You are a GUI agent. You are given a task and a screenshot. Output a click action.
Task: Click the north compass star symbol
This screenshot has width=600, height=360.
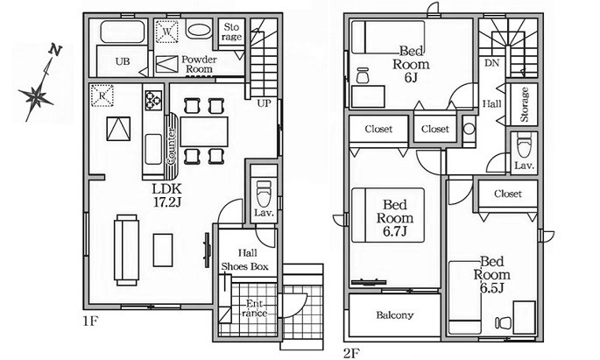coord(37,96)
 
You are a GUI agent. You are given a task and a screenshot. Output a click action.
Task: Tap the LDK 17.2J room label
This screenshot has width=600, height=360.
coord(166,195)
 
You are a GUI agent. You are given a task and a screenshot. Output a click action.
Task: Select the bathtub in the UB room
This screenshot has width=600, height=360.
coord(123,32)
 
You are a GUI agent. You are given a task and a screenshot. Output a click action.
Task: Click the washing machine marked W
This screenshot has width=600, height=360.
coord(166,32)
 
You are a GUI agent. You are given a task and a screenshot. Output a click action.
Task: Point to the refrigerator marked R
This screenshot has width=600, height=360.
coord(102,95)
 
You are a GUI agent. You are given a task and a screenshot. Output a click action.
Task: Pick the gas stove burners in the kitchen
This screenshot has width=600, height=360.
coord(153,100)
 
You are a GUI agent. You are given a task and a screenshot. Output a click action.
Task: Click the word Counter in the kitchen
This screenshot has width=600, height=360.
coord(172,146)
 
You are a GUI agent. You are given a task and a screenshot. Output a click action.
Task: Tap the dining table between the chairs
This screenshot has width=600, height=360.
coord(204,131)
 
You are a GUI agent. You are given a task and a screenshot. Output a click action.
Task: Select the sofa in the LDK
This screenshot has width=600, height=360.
coord(126,250)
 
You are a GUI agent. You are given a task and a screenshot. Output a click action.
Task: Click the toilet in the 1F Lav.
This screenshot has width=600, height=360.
coord(264,194)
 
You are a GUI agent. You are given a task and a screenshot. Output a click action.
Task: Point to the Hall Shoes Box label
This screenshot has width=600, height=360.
coord(245,260)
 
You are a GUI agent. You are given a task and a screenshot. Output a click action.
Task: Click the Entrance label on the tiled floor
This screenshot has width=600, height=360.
coord(255,308)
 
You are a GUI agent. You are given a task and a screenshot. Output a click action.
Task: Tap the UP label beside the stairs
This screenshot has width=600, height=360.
coord(264,103)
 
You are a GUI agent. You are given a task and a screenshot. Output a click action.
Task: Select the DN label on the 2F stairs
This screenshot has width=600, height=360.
coord(491,63)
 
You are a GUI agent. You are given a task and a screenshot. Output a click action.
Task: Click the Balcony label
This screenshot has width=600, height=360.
coord(394,314)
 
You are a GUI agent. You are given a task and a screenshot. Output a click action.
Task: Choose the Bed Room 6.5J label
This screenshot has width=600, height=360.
coord(491,274)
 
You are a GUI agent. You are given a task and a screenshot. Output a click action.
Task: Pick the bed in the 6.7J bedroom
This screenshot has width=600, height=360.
coord(388,215)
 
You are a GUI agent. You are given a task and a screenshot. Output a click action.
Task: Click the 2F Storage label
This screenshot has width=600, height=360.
coord(525,104)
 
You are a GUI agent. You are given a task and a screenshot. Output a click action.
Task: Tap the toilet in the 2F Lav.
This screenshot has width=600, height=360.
coord(524,145)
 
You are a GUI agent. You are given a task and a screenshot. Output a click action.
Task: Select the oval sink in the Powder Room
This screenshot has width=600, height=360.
coord(199,31)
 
